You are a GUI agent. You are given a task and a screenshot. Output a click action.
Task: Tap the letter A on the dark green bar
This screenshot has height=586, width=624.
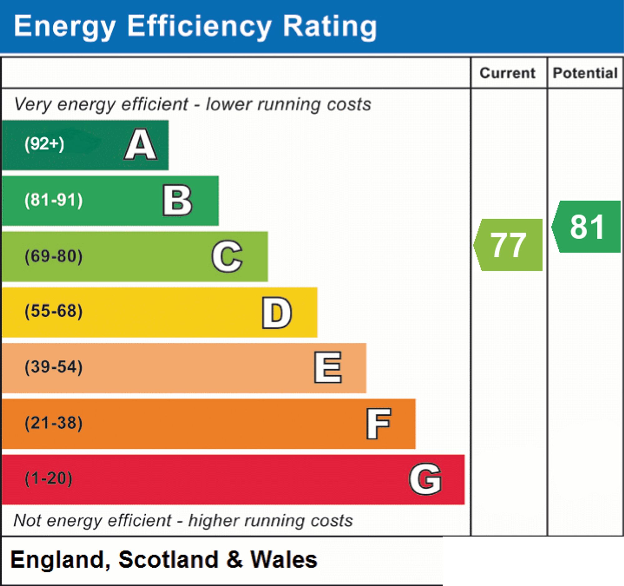[141, 144]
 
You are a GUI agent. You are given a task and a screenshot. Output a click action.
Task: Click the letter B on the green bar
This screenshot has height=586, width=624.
[177, 200]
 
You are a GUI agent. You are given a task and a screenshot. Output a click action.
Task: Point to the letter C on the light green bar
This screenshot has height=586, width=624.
[227, 256]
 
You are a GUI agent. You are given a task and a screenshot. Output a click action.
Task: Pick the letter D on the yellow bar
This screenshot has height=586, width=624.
[277, 313]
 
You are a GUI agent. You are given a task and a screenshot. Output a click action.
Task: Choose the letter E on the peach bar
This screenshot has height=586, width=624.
[328, 367]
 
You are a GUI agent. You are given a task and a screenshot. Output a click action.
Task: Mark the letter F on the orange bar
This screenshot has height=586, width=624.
[378, 423]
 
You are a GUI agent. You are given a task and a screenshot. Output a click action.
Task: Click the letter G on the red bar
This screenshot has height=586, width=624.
[426, 479]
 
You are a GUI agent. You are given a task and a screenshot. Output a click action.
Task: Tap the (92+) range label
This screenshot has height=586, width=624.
[44, 144]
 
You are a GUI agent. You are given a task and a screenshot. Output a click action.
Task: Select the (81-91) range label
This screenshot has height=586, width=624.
[54, 200]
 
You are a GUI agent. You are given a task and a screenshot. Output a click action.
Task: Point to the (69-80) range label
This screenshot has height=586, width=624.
[54, 256]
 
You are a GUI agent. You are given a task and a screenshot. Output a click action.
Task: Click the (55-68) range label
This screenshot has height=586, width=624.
[54, 311]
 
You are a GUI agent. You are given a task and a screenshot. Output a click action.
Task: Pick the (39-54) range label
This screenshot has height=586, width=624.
[54, 367]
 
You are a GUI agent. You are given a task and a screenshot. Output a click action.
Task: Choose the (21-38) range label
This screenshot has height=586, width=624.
[54, 423]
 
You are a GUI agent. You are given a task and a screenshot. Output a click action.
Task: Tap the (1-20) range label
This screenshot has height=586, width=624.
[49, 479]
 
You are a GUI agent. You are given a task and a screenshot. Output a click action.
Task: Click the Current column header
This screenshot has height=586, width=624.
[508, 73]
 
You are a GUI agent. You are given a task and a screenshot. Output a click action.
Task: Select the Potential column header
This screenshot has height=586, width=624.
[585, 73]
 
